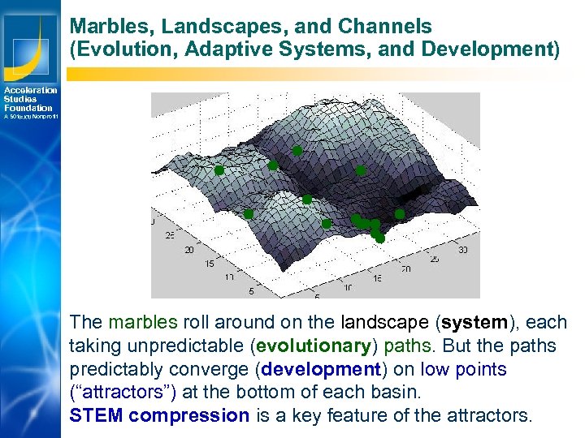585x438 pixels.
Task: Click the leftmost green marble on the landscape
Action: tap(219, 171)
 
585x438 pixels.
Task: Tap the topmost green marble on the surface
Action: tap(297, 151)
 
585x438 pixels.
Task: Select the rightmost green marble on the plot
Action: tap(400, 214)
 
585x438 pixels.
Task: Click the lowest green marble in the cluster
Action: tap(379, 238)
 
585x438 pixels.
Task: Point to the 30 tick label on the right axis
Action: tap(462, 251)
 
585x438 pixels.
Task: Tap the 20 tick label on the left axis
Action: tap(188, 250)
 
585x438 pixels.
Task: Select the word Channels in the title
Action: tap(388, 28)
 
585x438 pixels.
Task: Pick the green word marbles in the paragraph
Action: tap(140, 323)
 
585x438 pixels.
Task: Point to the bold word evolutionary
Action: tap(313, 346)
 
